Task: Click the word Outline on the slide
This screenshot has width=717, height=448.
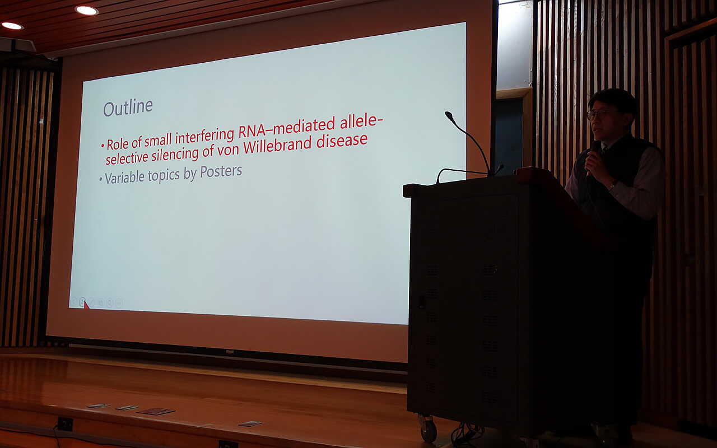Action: coord(128,108)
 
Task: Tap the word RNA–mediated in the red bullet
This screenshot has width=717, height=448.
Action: coord(286,128)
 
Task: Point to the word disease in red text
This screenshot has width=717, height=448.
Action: coord(342,140)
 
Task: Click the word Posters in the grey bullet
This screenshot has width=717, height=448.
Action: coord(221,171)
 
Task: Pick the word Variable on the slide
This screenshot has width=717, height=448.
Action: coord(124,178)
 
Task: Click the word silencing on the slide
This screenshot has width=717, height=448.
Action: coord(175,155)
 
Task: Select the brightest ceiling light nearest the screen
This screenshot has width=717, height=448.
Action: coord(87,10)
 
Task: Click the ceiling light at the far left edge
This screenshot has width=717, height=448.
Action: coord(12,26)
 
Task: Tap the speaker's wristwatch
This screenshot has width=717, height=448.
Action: coord(612,185)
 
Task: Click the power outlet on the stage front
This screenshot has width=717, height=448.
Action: coord(65,424)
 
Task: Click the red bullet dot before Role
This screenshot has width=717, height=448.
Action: coord(103,146)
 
